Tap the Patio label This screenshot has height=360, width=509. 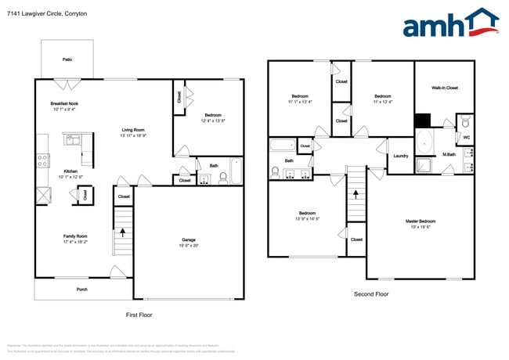[67, 59]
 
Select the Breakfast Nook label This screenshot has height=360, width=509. [64, 103]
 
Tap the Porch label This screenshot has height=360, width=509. [81, 290]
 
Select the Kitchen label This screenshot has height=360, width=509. [70, 171]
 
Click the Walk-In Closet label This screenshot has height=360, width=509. [444, 88]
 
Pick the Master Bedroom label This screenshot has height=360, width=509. [421, 221]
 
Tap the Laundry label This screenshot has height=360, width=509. [400, 156]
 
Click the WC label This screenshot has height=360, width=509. [467, 138]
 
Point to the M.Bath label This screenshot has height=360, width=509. [449, 153]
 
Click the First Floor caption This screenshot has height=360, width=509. [139, 315]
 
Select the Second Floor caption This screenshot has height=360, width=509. [371, 294]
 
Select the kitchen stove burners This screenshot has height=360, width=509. [42, 161]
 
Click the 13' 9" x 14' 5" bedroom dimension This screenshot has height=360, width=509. [307, 218]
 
